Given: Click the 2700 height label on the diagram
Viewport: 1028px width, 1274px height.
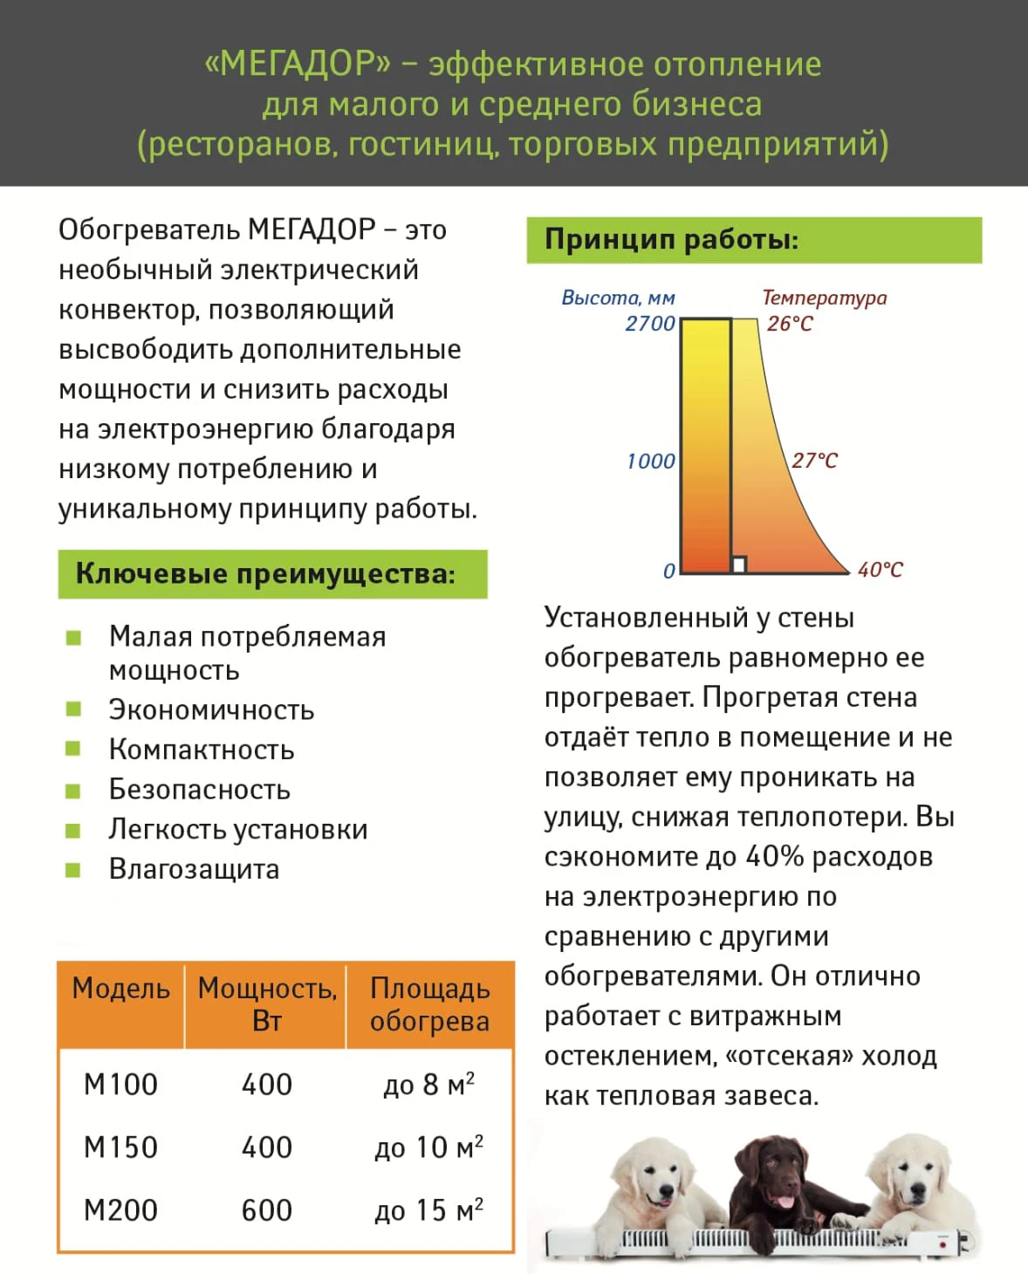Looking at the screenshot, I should pyautogui.click(x=650, y=324).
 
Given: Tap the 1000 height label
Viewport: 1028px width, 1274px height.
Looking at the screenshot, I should pyautogui.click(x=651, y=462).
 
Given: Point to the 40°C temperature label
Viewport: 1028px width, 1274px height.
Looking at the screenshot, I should pyautogui.click(x=880, y=570).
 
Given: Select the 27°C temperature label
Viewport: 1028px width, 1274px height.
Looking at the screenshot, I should pyautogui.click(x=814, y=461).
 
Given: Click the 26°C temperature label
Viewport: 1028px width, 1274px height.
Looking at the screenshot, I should pyautogui.click(x=790, y=324).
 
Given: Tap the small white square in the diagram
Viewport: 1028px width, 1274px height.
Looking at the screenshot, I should pyautogui.click(x=739, y=565).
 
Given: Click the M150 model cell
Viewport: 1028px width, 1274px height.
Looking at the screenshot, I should pyautogui.click(x=120, y=1147).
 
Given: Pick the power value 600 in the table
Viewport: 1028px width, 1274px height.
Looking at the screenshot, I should pyautogui.click(x=266, y=1210).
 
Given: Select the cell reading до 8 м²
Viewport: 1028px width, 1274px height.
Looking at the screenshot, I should pyautogui.click(x=428, y=1085).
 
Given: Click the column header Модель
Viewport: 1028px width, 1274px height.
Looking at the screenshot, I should pyautogui.click(x=120, y=989).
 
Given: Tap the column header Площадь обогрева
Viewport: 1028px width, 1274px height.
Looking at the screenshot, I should pyautogui.click(x=429, y=1004).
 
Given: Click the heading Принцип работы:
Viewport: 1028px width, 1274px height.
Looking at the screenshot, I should pyautogui.click(x=671, y=240).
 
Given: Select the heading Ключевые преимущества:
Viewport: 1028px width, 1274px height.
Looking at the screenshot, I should pyautogui.click(x=265, y=574).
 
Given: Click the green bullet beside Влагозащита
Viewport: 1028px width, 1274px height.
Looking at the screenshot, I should pyautogui.click(x=73, y=869).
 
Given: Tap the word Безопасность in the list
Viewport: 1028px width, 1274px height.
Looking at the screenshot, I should pyautogui.click(x=199, y=790).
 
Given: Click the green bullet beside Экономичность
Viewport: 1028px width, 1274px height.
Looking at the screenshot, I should pyautogui.click(x=73, y=709).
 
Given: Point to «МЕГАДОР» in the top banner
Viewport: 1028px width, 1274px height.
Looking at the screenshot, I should pyautogui.click(x=298, y=64).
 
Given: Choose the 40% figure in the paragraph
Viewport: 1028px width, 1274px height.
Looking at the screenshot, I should pyautogui.click(x=775, y=857).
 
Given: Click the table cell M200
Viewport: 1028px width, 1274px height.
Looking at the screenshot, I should pyautogui.click(x=120, y=1210).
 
